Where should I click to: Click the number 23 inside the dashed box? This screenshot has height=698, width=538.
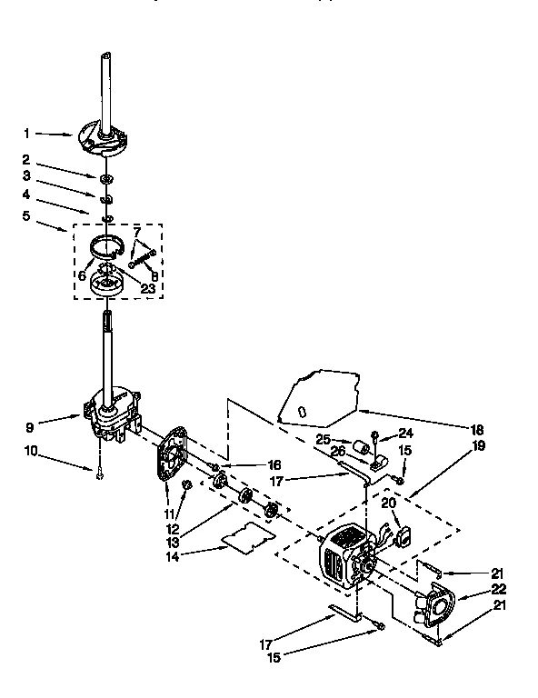pyautogui.click(x=148, y=288)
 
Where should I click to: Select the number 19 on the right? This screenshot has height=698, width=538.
pyautogui.click(x=478, y=445)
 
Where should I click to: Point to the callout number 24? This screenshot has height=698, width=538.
pyautogui.click(x=404, y=433)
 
